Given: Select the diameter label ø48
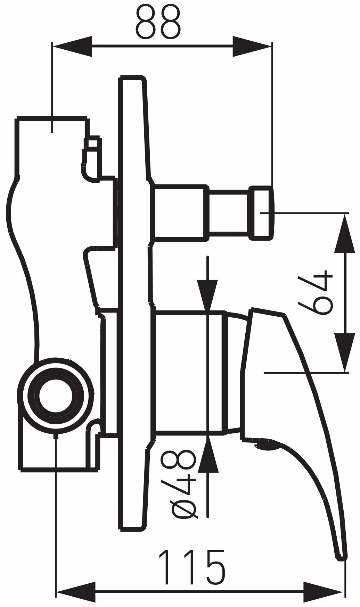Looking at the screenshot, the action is click(183, 490).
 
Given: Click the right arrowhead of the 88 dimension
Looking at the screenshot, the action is click(252, 47).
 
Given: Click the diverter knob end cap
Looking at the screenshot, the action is click(262, 212).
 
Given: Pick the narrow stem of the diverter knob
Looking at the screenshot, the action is click(229, 212).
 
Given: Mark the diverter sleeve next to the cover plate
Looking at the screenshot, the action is click(180, 212).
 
